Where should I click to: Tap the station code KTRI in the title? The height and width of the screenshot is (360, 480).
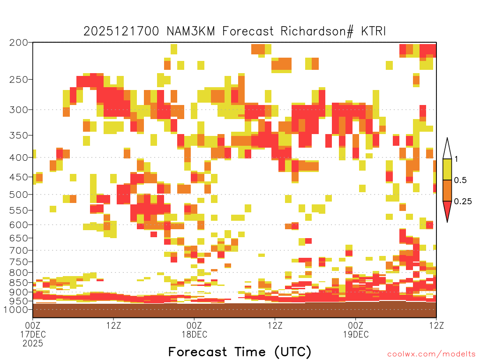click(x=373, y=31)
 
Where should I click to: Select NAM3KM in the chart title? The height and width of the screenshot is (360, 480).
click(x=191, y=31)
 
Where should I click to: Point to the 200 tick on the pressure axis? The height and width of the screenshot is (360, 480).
click(x=18, y=43)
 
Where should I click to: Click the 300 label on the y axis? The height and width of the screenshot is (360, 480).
click(x=18, y=110)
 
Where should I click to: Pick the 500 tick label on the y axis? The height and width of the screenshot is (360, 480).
click(x=18, y=195)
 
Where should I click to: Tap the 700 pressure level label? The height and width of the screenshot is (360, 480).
click(x=18, y=250)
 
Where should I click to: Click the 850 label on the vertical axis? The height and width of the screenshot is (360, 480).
click(x=18, y=283)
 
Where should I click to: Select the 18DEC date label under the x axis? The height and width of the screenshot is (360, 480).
click(x=195, y=334)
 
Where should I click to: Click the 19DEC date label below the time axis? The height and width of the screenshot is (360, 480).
click(x=356, y=334)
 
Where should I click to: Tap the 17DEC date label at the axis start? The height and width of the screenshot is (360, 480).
click(x=33, y=334)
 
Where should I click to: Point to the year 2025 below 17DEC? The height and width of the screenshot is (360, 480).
click(x=33, y=344)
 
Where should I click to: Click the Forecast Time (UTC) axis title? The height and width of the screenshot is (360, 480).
click(x=240, y=352)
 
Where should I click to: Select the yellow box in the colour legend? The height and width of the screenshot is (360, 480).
click(x=447, y=169)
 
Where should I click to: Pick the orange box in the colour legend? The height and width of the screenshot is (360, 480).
click(x=447, y=190)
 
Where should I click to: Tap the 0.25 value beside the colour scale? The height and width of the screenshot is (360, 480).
click(x=463, y=202)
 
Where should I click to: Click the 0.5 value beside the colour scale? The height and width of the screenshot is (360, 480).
click(x=460, y=180)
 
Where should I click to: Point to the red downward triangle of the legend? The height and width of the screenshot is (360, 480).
click(x=447, y=210)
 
